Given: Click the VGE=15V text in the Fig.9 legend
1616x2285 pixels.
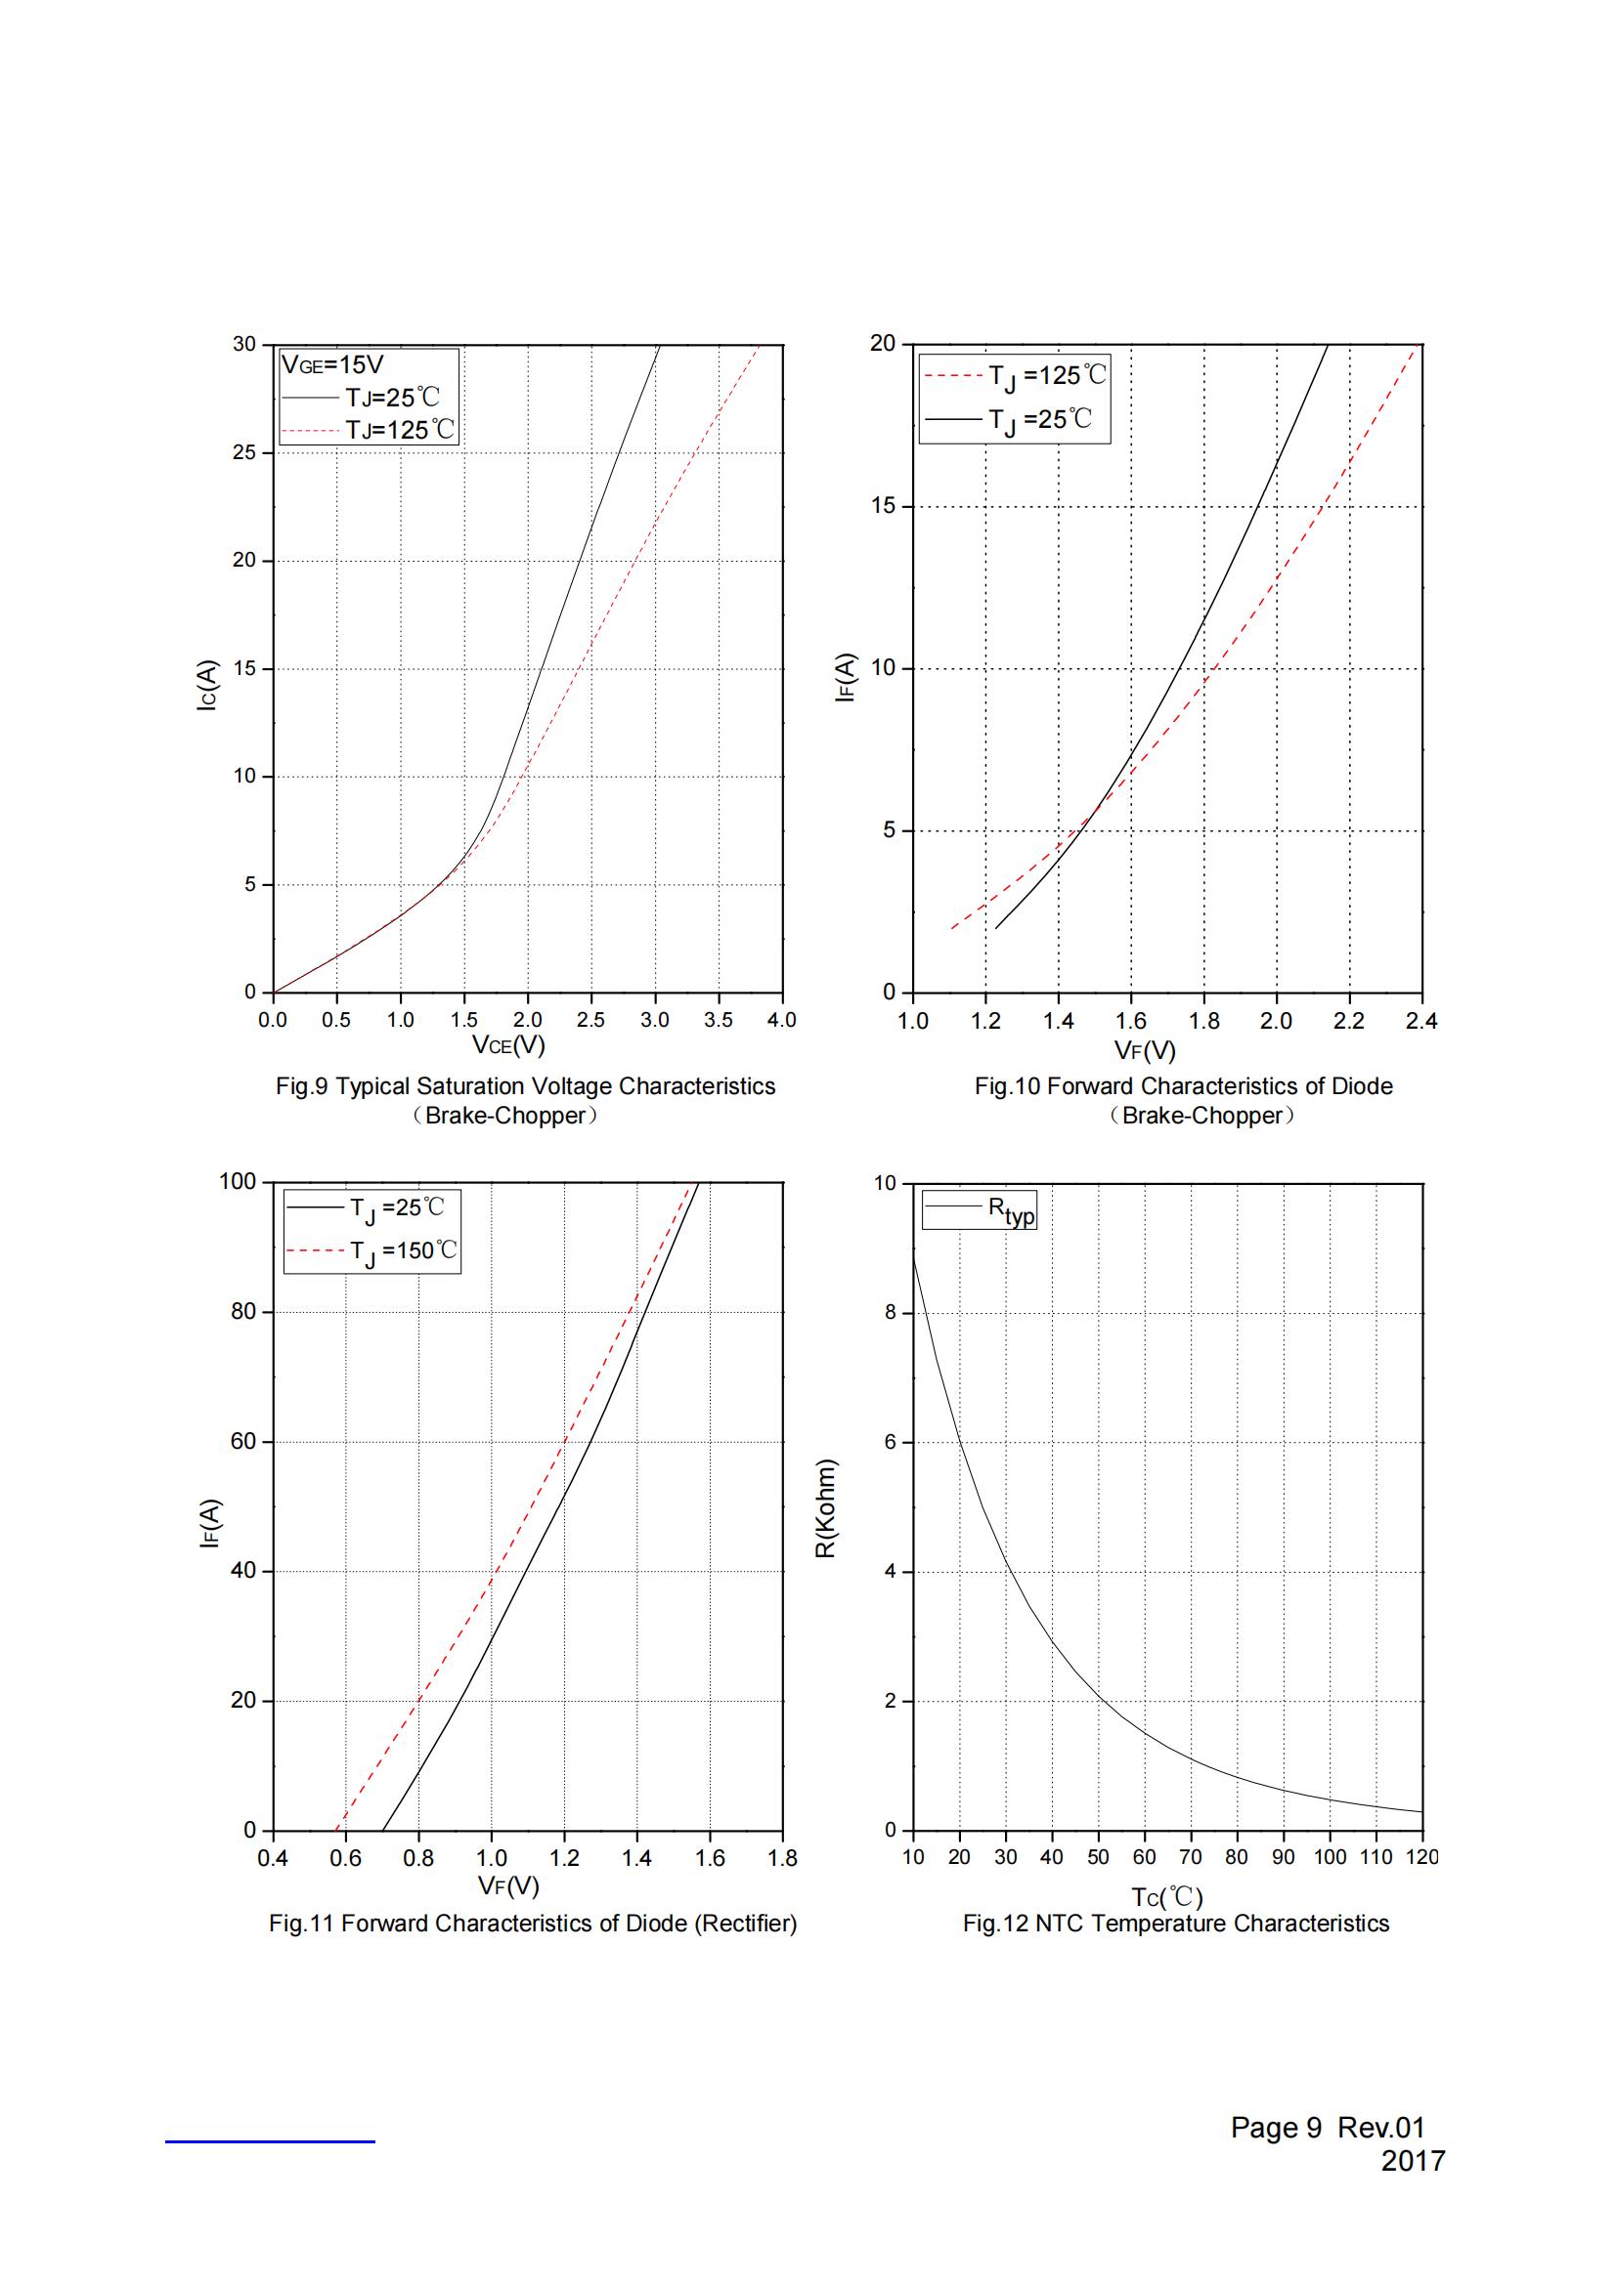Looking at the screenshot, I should (x=332, y=364).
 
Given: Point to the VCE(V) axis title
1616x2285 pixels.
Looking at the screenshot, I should (x=507, y=1044).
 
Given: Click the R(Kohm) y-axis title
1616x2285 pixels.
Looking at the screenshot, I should (x=826, y=1508).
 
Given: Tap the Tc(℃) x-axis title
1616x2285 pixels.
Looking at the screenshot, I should (x=1166, y=1897).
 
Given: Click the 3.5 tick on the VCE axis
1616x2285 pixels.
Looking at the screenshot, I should (x=718, y=1019).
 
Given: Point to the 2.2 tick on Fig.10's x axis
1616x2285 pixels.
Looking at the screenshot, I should (x=1348, y=1021).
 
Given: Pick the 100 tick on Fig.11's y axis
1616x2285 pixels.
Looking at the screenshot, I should (x=237, y=1181).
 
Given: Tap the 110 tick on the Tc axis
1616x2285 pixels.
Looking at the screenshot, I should (x=1376, y=1857).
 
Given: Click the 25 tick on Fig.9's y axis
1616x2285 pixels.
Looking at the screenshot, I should (x=245, y=453).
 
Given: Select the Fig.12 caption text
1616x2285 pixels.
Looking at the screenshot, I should (x=1175, y=1924).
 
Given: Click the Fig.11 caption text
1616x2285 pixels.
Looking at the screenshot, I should (x=533, y=1924).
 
